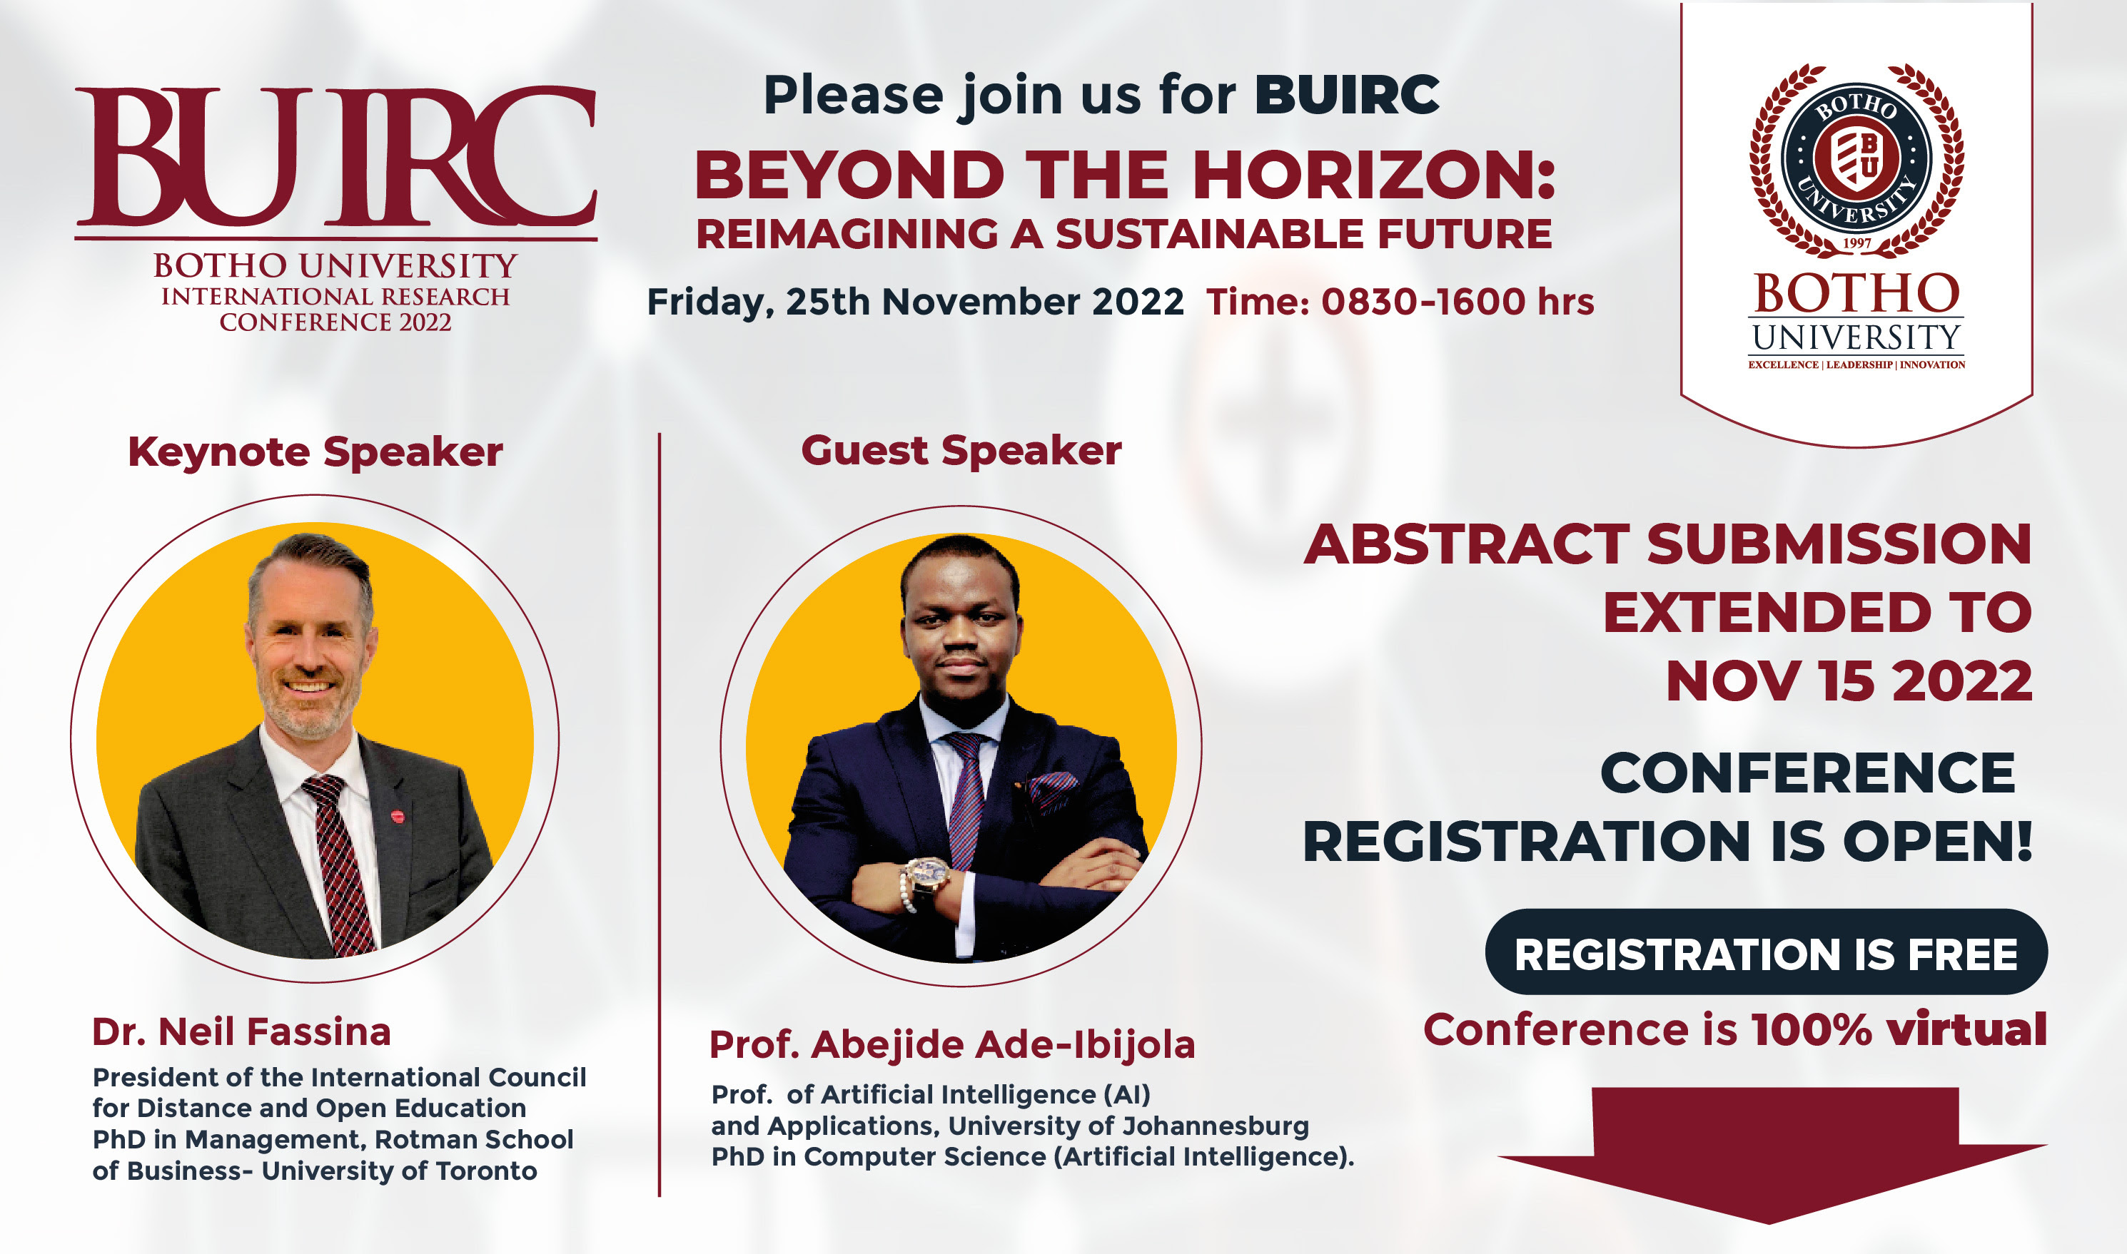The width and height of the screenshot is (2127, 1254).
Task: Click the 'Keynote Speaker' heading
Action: click(x=315, y=453)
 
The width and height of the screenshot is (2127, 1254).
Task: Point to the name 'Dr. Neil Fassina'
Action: click(x=242, y=1031)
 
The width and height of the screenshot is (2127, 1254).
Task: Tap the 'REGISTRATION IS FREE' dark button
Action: click(x=1766, y=952)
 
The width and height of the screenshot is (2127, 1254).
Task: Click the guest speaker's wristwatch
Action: click(x=928, y=872)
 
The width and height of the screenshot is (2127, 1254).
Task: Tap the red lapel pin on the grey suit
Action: click(x=398, y=816)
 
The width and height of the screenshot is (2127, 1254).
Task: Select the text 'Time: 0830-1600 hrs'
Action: click(x=1400, y=302)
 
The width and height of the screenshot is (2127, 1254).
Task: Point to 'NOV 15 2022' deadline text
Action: click(x=1849, y=681)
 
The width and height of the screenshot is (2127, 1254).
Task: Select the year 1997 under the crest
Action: click(x=1856, y=243)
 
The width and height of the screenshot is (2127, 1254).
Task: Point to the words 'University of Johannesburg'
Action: click(x=1128, y=1126)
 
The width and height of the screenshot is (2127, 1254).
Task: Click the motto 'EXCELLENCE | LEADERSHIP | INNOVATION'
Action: click(x=1856, y=365)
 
